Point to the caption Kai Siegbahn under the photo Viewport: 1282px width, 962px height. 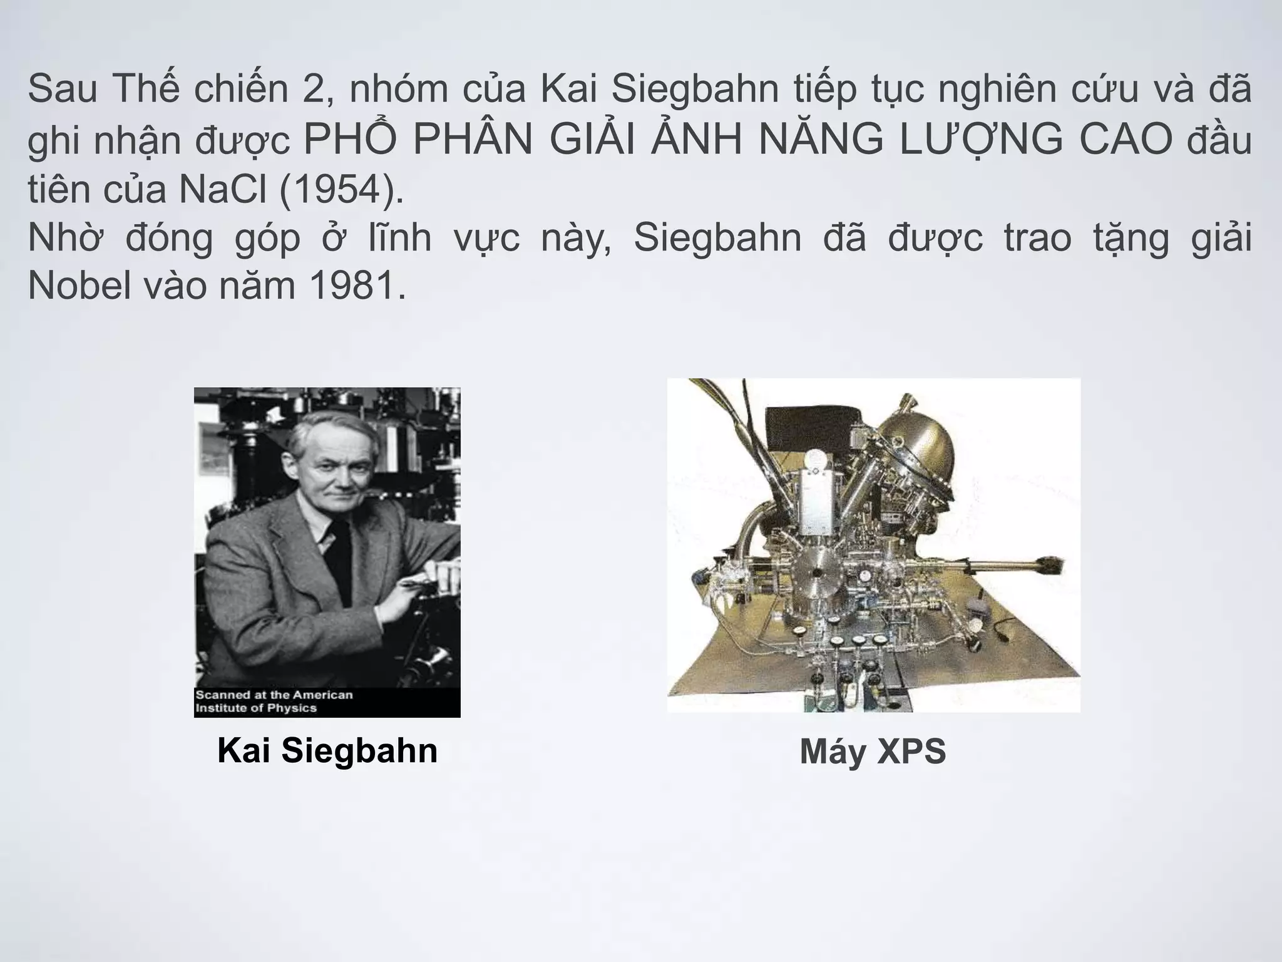click(x=327, y=750)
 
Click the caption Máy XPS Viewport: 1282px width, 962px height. click(x=873, y=752)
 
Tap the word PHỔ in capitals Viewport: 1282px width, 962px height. click(x=349, y=140)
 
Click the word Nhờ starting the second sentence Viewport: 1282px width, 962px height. click(x=64, y=238)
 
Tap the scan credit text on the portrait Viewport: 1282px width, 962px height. click(x=274, y=701)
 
